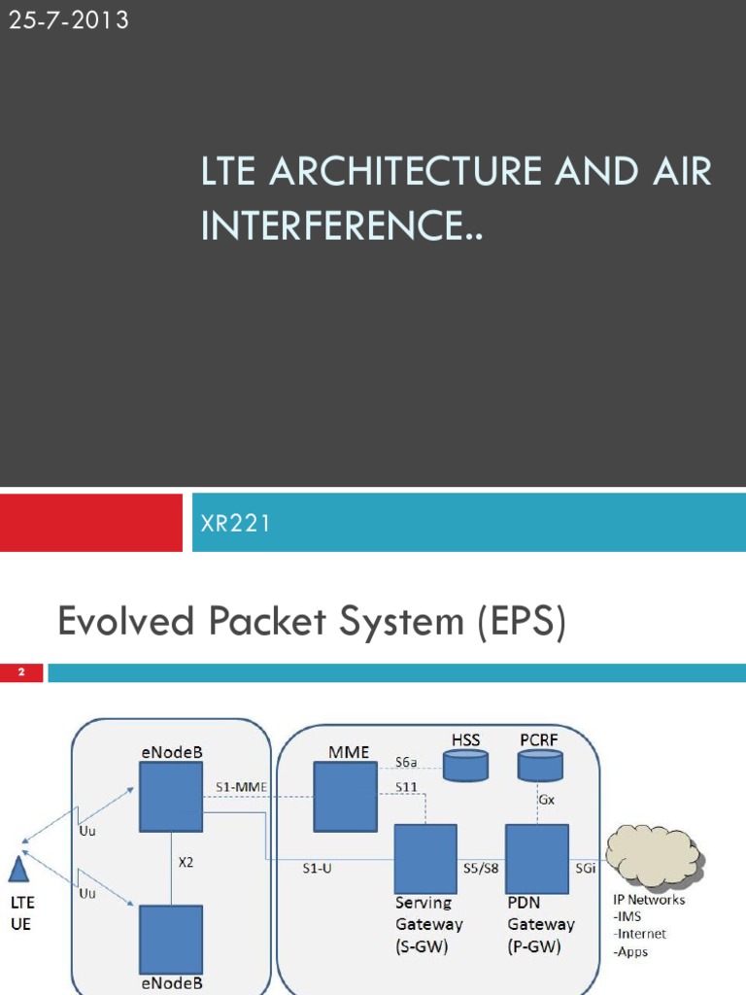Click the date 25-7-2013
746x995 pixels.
68,19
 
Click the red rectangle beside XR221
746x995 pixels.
90,523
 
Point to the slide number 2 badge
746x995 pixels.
20,672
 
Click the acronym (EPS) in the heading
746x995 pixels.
520,622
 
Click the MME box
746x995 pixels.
345,797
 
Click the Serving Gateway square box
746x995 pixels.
425,858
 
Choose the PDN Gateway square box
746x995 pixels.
537,858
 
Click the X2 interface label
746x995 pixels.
186,861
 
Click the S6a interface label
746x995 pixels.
406,763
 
